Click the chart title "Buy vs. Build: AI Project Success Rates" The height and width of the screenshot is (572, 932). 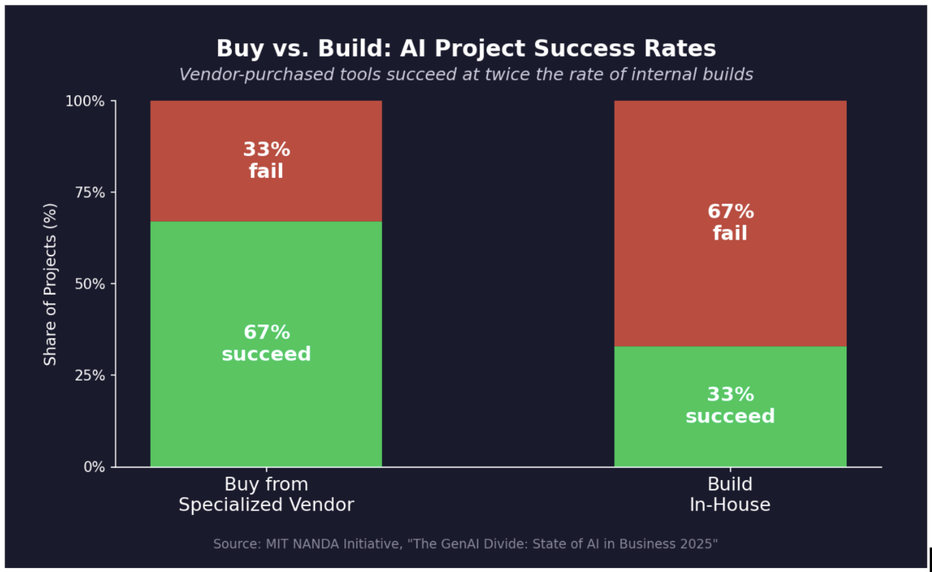coord(466,49)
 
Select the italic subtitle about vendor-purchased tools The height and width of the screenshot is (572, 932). coord(466,74)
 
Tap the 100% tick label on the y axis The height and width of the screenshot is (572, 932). coord(85,101)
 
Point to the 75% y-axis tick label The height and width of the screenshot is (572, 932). coord(89,193)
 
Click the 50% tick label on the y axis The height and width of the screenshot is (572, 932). coord(89,284)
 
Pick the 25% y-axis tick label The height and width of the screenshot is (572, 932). coord(89,375)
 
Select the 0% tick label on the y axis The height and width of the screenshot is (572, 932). coord(94,467)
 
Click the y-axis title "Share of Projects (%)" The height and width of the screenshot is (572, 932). coord(50,284)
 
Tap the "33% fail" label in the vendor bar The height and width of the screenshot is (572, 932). coord(266,160)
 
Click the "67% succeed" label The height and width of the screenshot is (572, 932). coord(266,343)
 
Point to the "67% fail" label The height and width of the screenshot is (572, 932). coord(730,222)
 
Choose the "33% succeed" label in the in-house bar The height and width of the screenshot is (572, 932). coord(730,405)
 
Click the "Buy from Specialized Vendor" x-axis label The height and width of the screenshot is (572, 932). coord(266,494)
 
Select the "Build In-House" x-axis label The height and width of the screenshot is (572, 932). coord(730,494)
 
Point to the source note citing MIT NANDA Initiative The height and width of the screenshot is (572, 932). coord(465,544)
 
